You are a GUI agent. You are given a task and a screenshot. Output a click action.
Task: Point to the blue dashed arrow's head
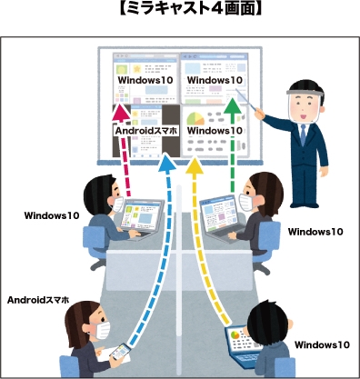[x=165, y=166]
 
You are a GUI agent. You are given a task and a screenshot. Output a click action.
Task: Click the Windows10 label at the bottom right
[x=322, y=344]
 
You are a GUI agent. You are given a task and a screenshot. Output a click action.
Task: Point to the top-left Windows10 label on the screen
[x=145, y=80]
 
